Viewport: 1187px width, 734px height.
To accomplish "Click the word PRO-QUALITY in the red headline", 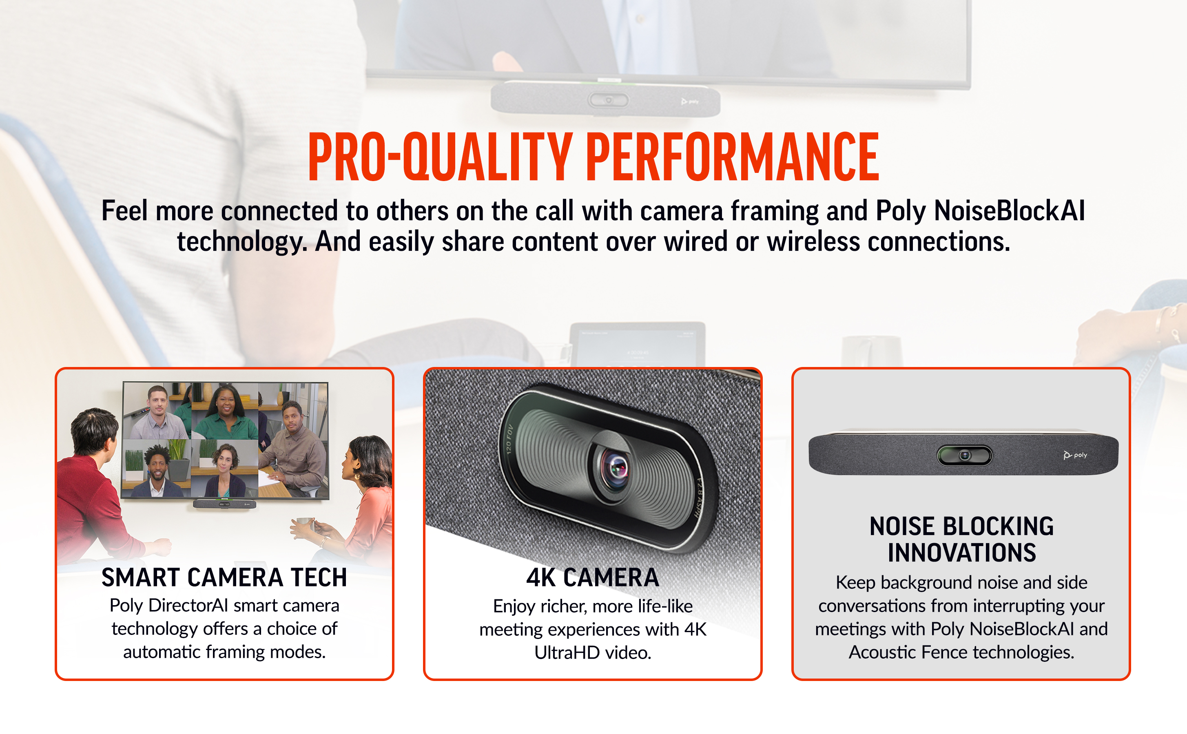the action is (x=440, y=157).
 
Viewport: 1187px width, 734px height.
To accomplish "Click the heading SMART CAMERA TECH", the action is (x=224, y=577).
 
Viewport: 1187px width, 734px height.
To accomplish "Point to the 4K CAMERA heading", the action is (x=593, y=577).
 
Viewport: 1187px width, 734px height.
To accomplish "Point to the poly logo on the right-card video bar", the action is (x=1075, y=455).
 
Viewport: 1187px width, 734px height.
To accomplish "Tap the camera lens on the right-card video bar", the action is (x=965, y=455).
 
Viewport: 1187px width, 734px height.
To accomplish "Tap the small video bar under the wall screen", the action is (x=224, y=504).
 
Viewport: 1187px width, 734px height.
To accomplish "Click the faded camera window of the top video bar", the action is (x=608, y=100).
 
